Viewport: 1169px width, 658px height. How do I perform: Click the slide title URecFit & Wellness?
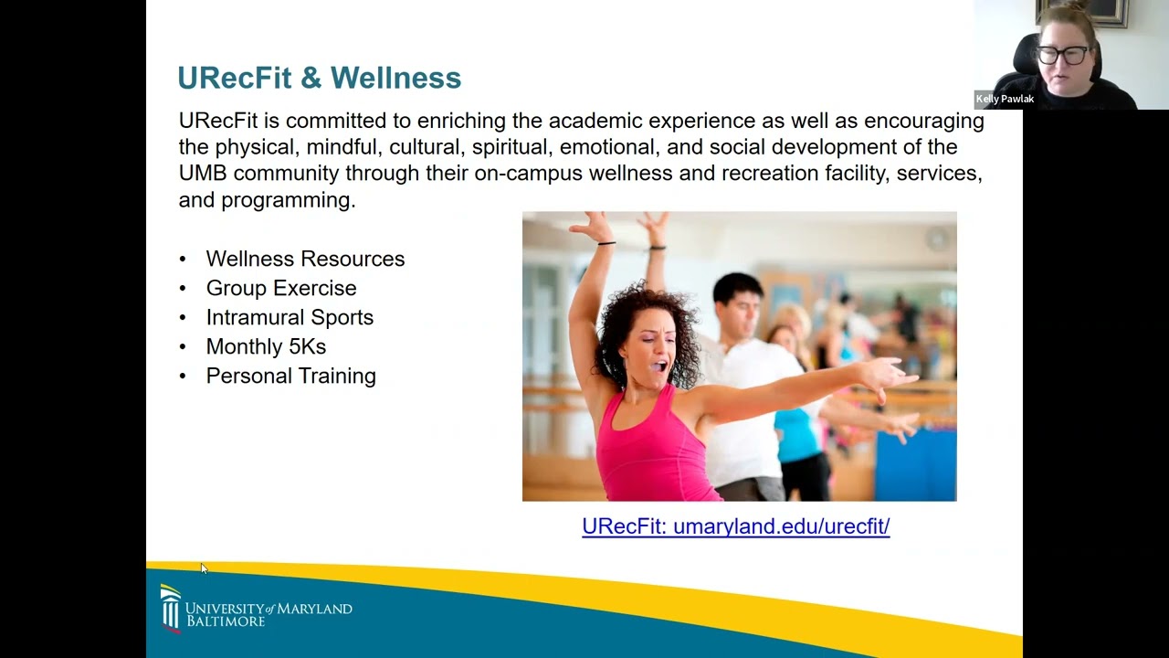tap(319, 78)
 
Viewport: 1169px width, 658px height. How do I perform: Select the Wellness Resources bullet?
tap(305, 259)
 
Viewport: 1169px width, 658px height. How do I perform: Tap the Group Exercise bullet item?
tap(281, 288)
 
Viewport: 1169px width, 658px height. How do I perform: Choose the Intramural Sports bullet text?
tap(290, 317)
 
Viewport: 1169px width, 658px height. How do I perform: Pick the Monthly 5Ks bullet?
tap(266, 346)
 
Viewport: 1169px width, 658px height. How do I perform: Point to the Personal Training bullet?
tap(290, 376)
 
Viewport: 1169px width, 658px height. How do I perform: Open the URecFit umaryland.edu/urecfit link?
tap(735, 526)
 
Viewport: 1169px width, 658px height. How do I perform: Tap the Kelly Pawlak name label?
tap(1005, 99)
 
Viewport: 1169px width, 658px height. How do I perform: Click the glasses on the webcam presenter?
tap(1063, 55)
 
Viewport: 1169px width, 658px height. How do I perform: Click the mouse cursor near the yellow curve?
tap(204, 568)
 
